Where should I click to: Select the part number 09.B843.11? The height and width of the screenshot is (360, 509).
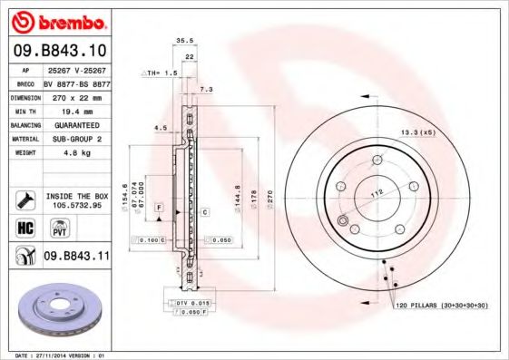[76, 258]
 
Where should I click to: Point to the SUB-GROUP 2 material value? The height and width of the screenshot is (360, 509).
[75, 139]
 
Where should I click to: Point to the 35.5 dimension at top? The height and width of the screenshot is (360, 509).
[184, 41]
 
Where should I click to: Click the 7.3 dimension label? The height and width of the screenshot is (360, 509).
[206, 89]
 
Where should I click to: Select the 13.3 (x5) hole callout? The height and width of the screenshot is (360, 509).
[418, 133]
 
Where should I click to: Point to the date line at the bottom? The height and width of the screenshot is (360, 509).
[56, 355]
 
